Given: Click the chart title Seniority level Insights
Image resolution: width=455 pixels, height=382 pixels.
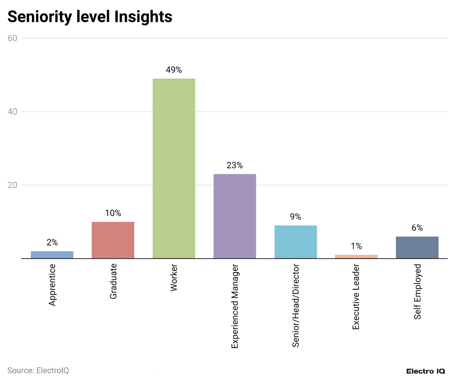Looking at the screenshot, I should point(90,16).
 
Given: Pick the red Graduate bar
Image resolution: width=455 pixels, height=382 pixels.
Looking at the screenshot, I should point(113,240).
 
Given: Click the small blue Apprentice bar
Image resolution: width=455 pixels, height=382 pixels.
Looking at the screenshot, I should point(52,254).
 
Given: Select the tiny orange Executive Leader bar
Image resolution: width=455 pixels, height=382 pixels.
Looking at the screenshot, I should point(356,256).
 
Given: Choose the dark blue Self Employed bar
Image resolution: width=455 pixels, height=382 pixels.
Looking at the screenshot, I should point(417,247).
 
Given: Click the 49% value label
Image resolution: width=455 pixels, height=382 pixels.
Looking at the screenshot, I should point(174,70).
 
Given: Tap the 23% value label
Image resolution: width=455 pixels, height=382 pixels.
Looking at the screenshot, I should point(235,165).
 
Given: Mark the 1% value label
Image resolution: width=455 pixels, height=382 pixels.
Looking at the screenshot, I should point(356,246).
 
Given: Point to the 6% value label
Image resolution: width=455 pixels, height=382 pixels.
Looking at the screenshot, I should point(417,228).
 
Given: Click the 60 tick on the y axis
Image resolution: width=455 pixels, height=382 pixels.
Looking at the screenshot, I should point(12,38).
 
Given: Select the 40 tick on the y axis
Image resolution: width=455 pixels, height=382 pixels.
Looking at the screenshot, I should point(12,112).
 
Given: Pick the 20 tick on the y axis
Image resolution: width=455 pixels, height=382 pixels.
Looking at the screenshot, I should point(12,185).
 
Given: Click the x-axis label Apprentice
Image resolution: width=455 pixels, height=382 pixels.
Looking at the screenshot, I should point(52,285).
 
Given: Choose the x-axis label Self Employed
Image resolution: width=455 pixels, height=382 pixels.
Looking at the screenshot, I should point(418,291).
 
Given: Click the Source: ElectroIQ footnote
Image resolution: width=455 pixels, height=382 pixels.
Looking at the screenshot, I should point(38,370).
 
